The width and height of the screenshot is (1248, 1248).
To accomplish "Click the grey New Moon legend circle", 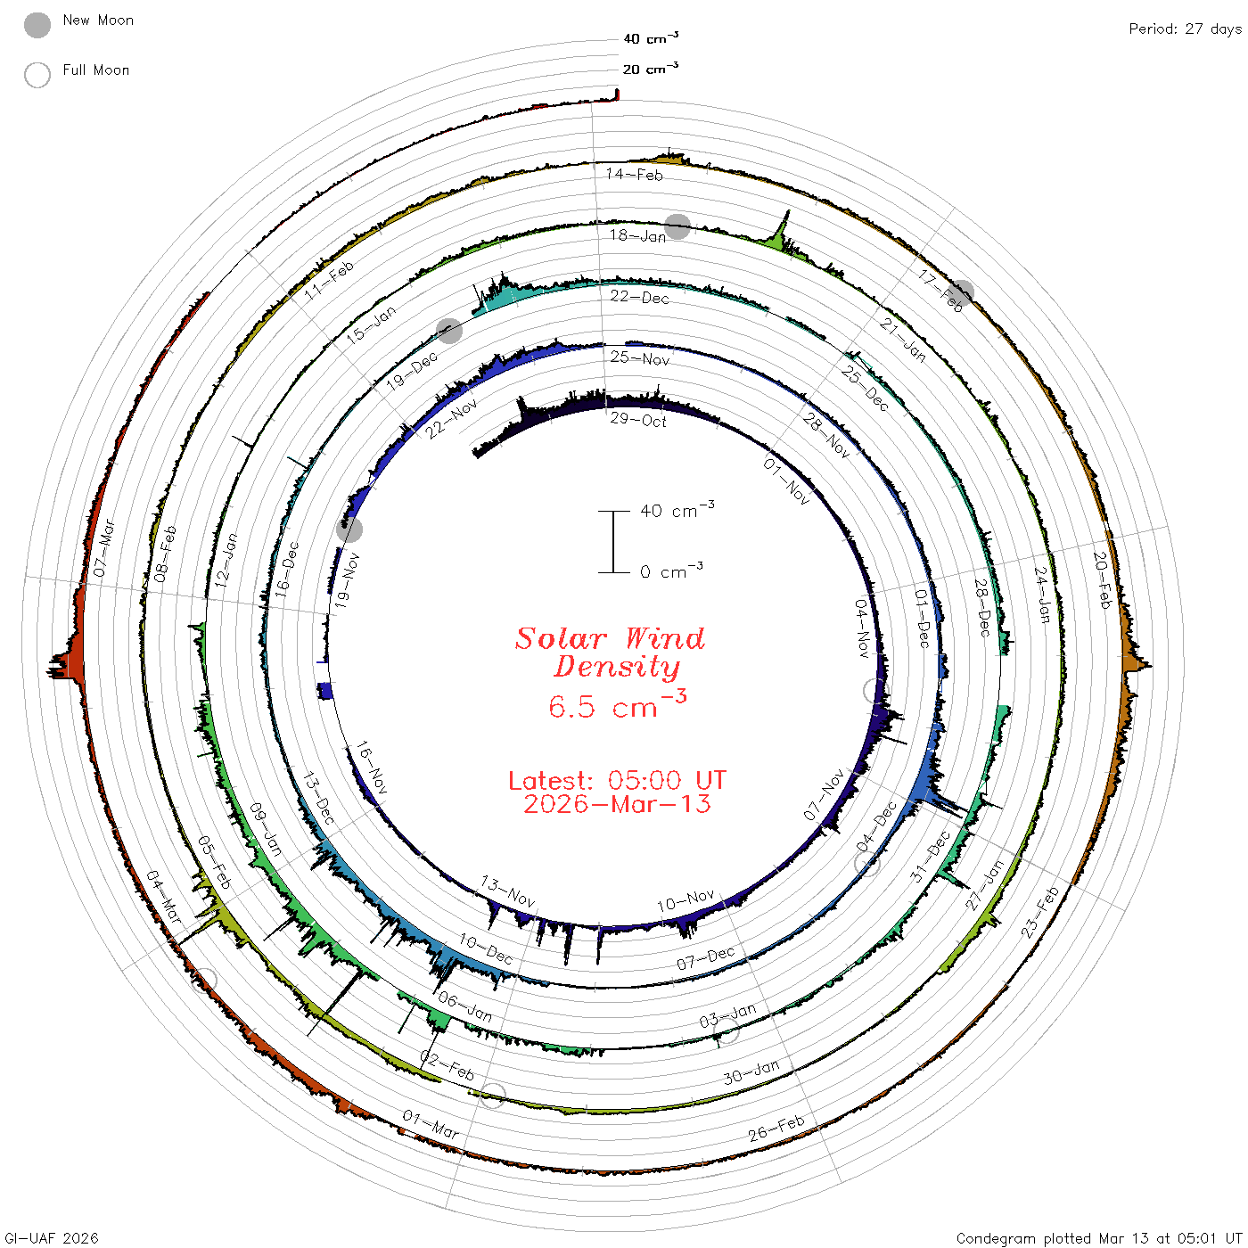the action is [37, 25].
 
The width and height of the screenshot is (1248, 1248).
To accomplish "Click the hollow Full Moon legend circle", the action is [37, 75].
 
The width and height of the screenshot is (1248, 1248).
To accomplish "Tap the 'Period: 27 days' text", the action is [1185, 29].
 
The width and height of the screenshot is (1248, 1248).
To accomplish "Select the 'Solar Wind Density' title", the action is [610, 653].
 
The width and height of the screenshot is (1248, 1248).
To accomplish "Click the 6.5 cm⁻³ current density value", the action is [617, 704].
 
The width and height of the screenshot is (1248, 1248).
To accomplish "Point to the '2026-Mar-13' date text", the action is [617, 804].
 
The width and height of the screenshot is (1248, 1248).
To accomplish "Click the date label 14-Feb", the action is [634, 174].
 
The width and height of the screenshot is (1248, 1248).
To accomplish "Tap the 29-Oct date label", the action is [638, 420].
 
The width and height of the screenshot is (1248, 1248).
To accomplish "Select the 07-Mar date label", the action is [103, 547].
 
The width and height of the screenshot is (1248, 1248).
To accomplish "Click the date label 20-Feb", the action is [1102, 579].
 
